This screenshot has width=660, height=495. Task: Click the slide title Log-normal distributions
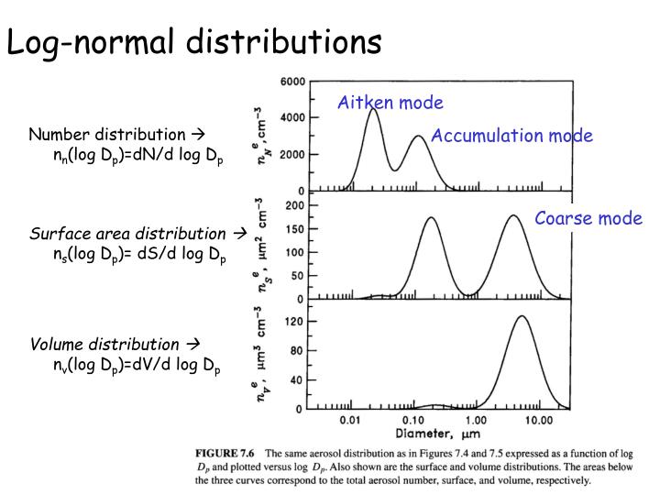pyautogui.click(x=194, y=40)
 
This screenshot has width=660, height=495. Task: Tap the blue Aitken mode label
pyautogui.click(x=390, y=103)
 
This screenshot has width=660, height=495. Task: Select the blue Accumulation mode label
pyautogui.click(x=512, y=136)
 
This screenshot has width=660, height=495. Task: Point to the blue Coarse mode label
pyautogui.click(x=588, y=218)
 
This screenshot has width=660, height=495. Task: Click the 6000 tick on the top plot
pyautogui.click(x=292, y=82)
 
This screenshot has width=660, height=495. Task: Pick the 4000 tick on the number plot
pyautogui.click(x=292, y=117)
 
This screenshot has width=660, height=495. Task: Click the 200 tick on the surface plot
pyautogui.click(x=296, y=205)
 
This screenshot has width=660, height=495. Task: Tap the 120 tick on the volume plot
pyautogui.click(x=296, y=322)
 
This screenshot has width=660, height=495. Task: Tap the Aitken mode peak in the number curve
pyautogui.click(x=373, y=109)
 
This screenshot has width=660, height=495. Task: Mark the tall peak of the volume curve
pyautogui.click(x=522, y=316)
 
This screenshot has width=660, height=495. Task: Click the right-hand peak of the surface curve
pyautogui.click(x=514, y=216)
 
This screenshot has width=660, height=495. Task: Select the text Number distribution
pyautogui.click(x=106, y=135)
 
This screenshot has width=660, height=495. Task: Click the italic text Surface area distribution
pyautogui.click(x=127, y=233)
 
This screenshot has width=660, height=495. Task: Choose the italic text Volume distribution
pyautogui.click(x=104, y=345)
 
